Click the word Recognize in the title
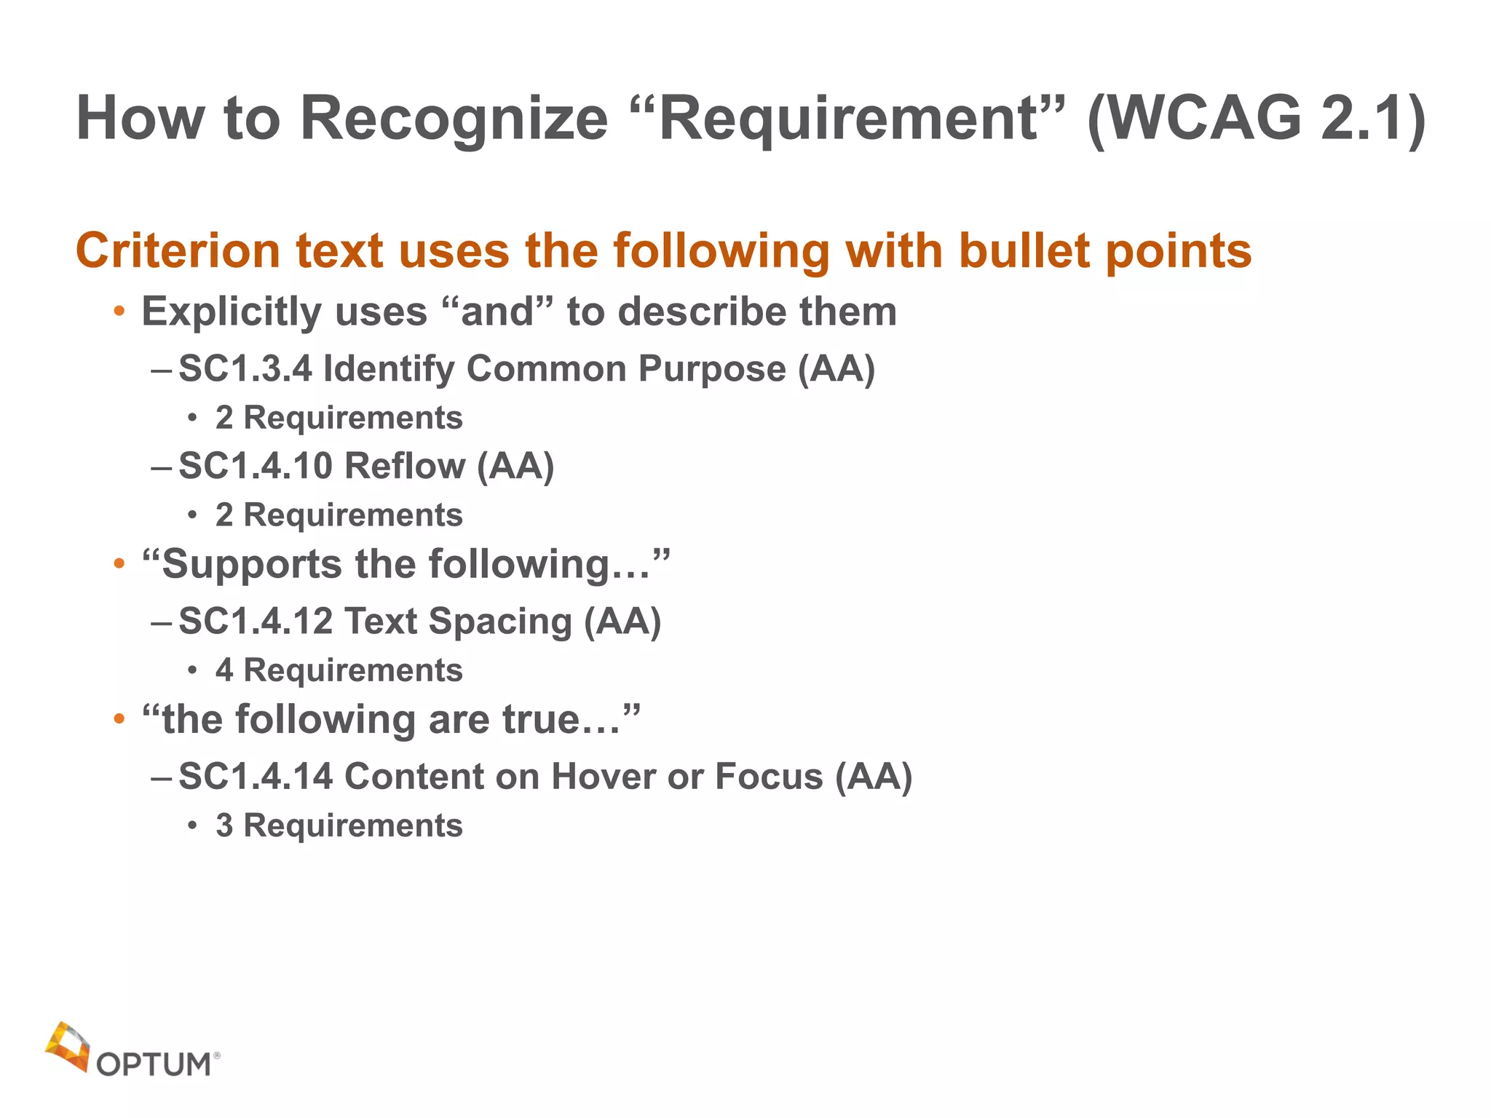453,119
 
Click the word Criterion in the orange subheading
178,251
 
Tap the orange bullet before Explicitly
119,313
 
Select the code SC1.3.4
245,368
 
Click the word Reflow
405,466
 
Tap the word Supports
252,566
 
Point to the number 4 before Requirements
224,670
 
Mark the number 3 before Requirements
224,826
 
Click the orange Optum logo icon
68,1047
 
